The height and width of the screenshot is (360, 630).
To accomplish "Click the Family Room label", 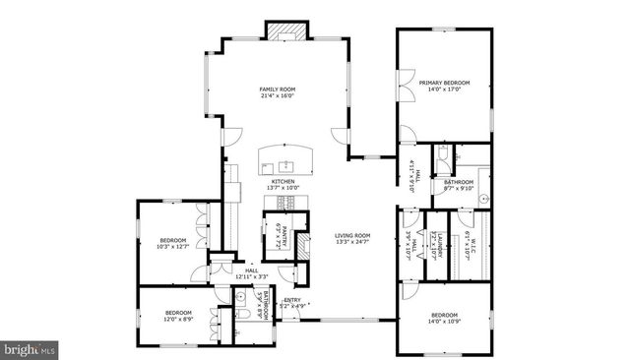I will click(278, 90).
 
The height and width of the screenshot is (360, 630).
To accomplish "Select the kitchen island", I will click(284, 159).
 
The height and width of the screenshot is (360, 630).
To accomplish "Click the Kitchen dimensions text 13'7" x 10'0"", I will click(283, 188).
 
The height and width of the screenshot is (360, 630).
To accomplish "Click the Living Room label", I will click(351, 235).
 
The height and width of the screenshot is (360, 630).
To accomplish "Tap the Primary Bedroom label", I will click(444, 83).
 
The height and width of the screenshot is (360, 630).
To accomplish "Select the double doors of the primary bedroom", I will click(403, 87).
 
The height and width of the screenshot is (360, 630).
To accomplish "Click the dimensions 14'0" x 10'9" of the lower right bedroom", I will click(444, 322).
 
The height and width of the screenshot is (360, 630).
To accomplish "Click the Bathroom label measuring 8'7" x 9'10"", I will click(458, 182).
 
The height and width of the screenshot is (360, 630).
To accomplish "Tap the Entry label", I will click(292, 300).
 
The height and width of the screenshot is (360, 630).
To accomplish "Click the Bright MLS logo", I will click(31, 348).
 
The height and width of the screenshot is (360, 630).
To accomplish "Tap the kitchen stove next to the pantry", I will click(285, 203).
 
